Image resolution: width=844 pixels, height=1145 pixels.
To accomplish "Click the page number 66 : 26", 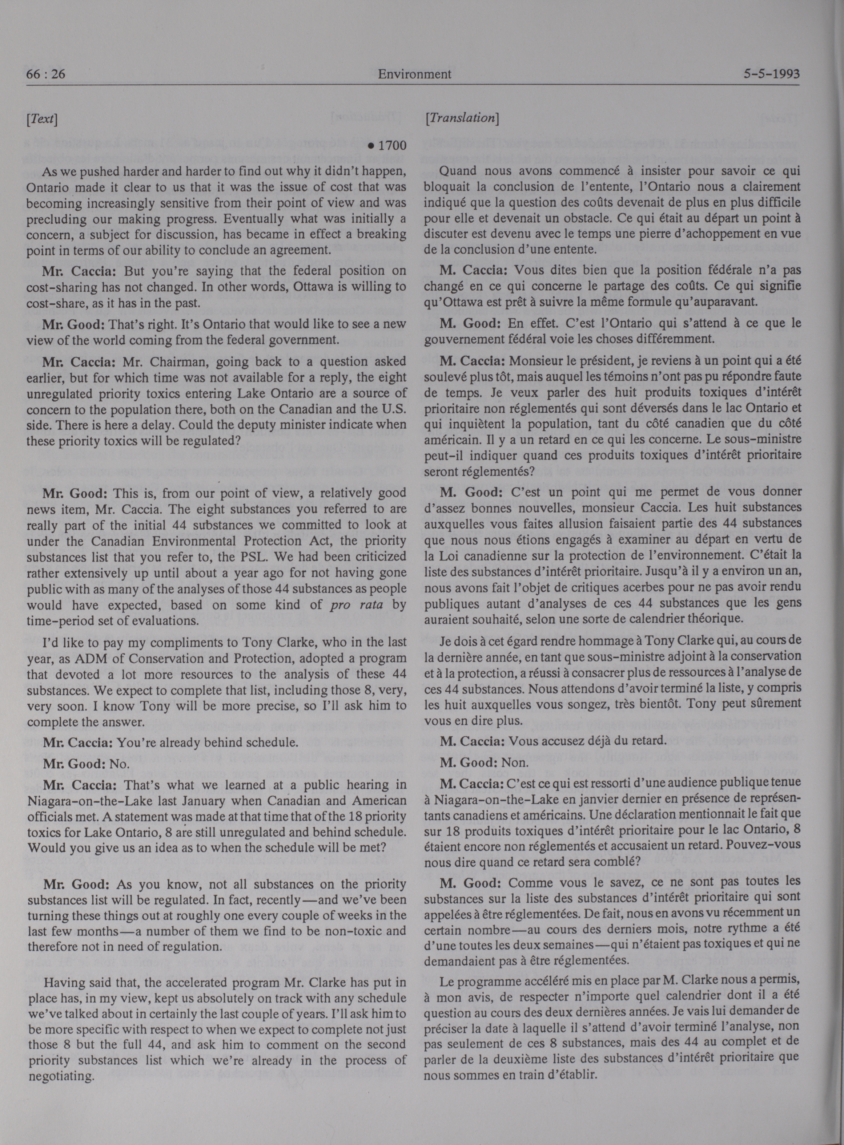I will tap(46, 74).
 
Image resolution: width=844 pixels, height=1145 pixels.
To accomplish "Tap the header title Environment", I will tap(414, 74).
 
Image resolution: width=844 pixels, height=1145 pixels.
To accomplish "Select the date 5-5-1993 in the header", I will tap(772, 74).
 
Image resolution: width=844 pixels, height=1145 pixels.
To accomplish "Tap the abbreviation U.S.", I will tap(392, 410).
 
